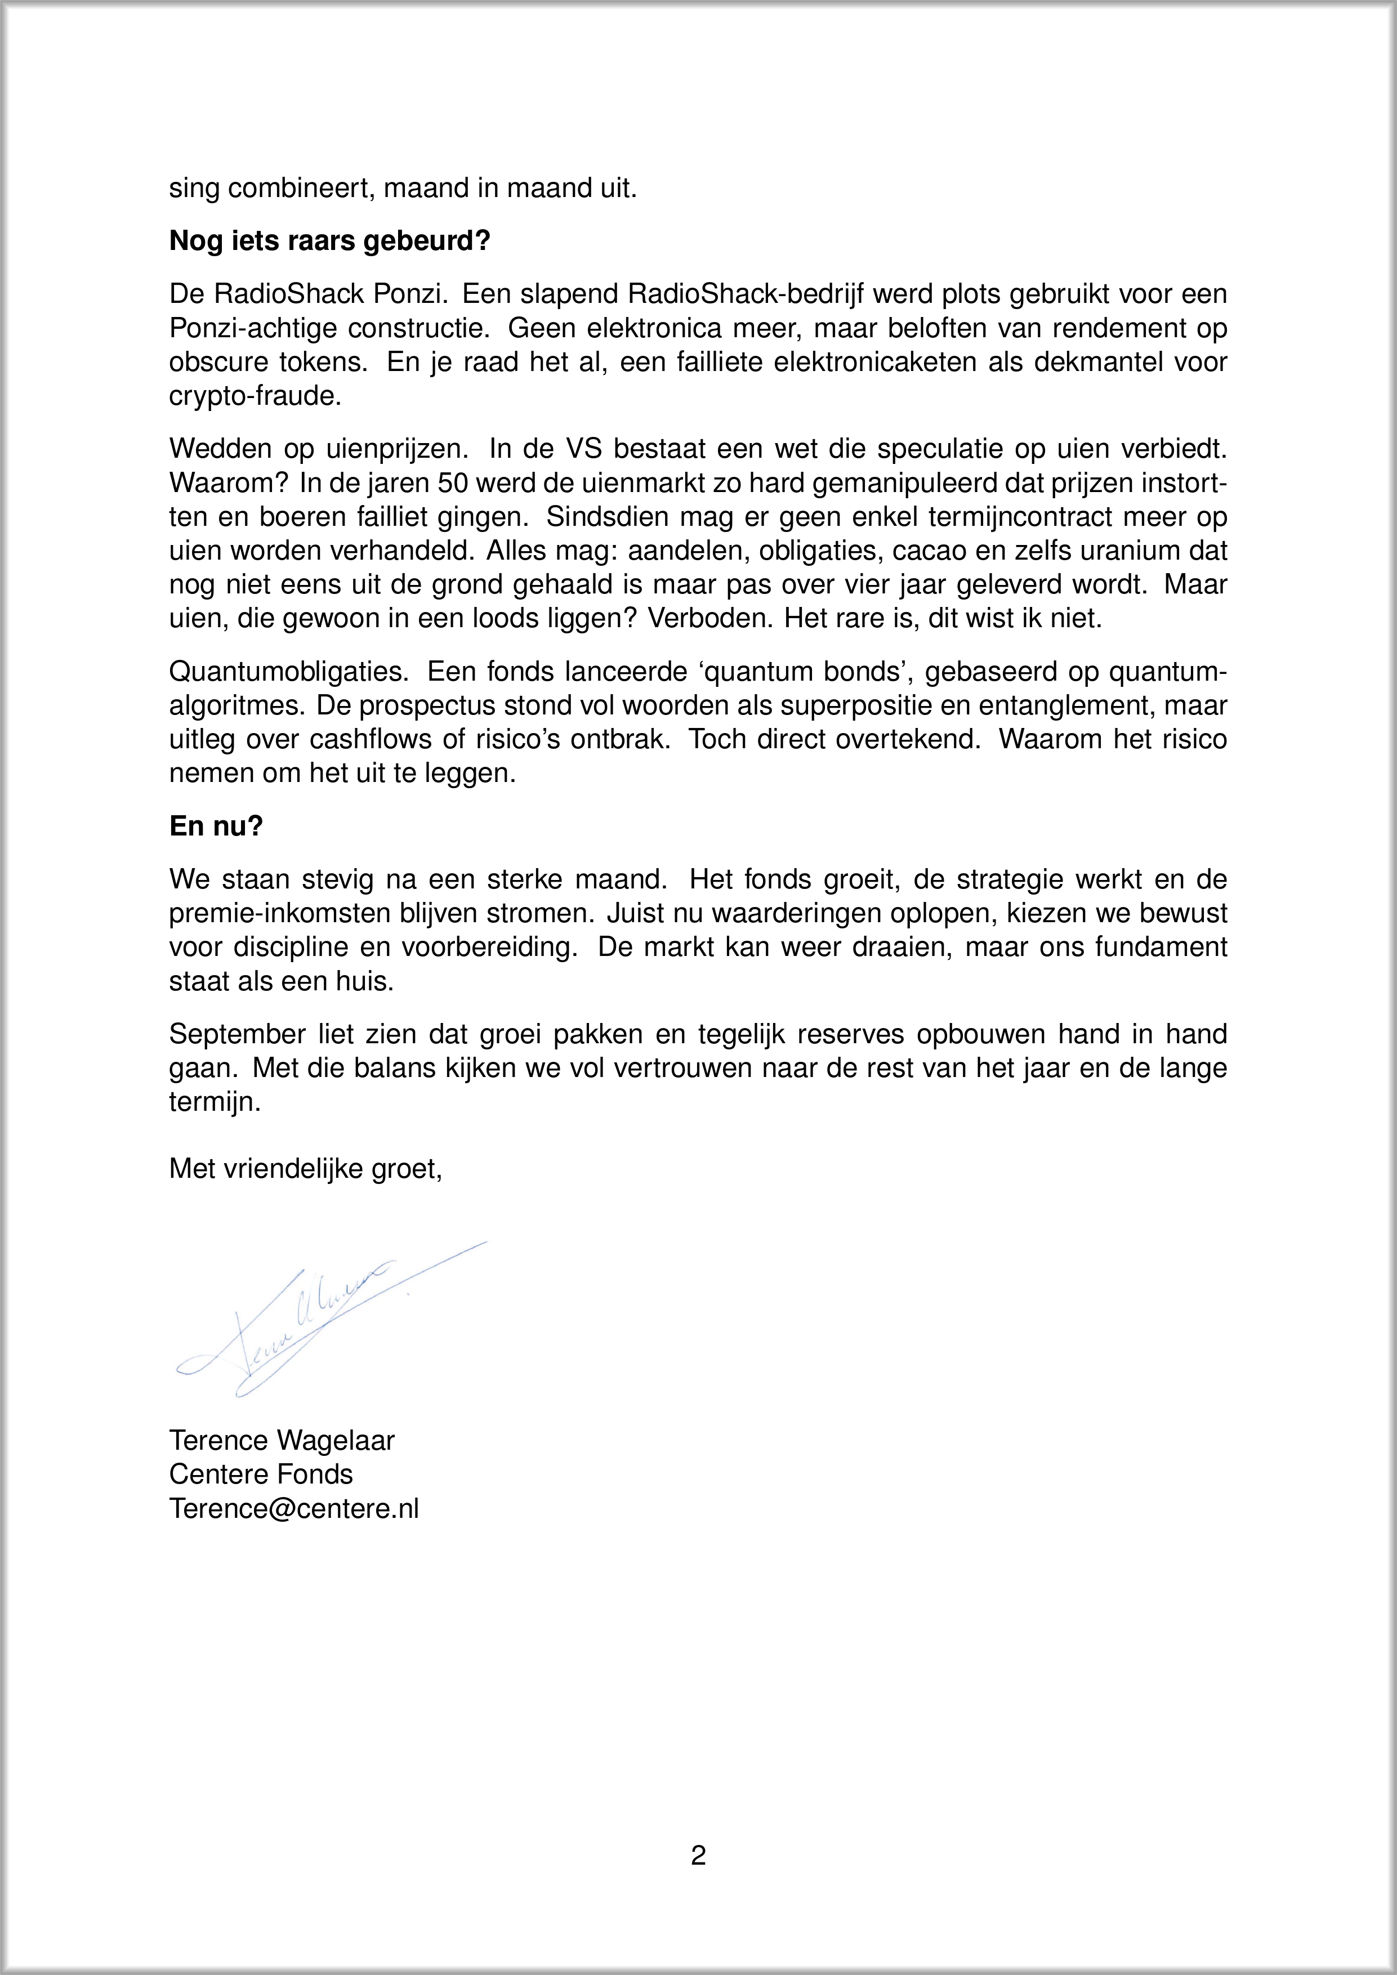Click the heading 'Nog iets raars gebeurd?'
point(329,241)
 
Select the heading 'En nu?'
point(216,826)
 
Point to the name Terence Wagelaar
point(282,1440)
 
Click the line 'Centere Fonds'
point(261,1474)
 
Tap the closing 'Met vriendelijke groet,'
point(305,1168)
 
